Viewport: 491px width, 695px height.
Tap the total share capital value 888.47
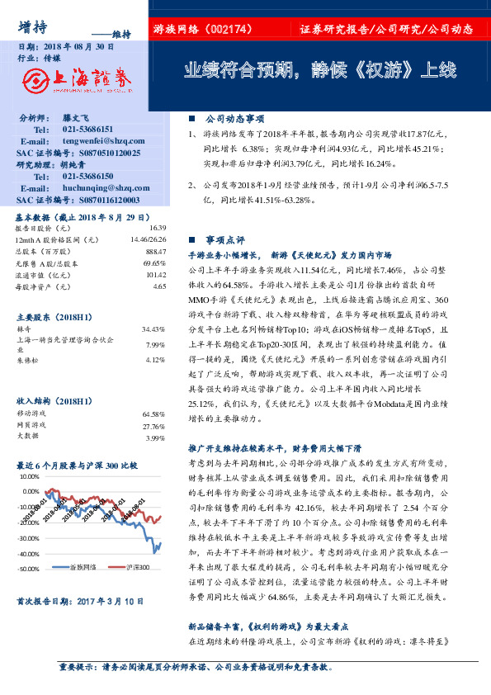pyautogui.click(x=156, y=250)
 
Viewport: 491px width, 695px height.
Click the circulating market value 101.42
pyautogui.click(x=156, y=274)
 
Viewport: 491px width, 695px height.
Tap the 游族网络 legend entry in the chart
pyautogui.click(x=83, y=568)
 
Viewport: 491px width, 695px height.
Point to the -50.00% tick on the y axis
pyautogui.click(x=28, y=569)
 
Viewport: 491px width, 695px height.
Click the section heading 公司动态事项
pyautogui.click(x=229, y=119)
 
